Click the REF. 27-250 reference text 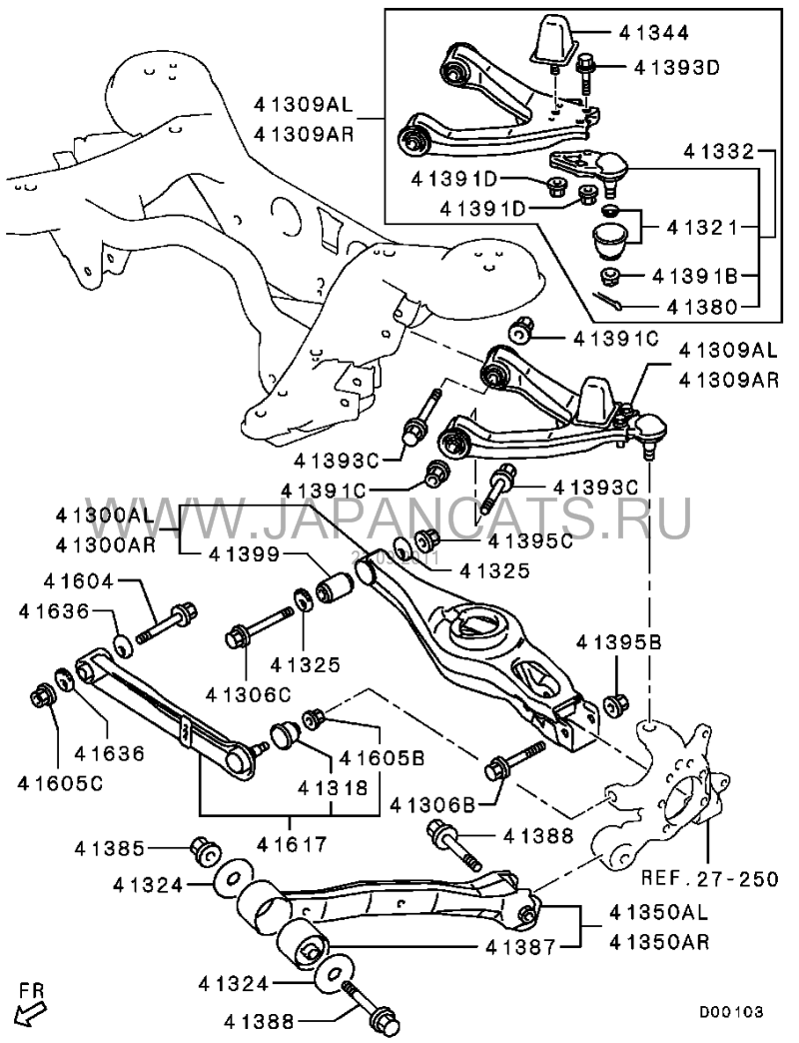pos(709,879)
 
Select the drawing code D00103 pos(730,1012)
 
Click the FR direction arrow pos(33,1011)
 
